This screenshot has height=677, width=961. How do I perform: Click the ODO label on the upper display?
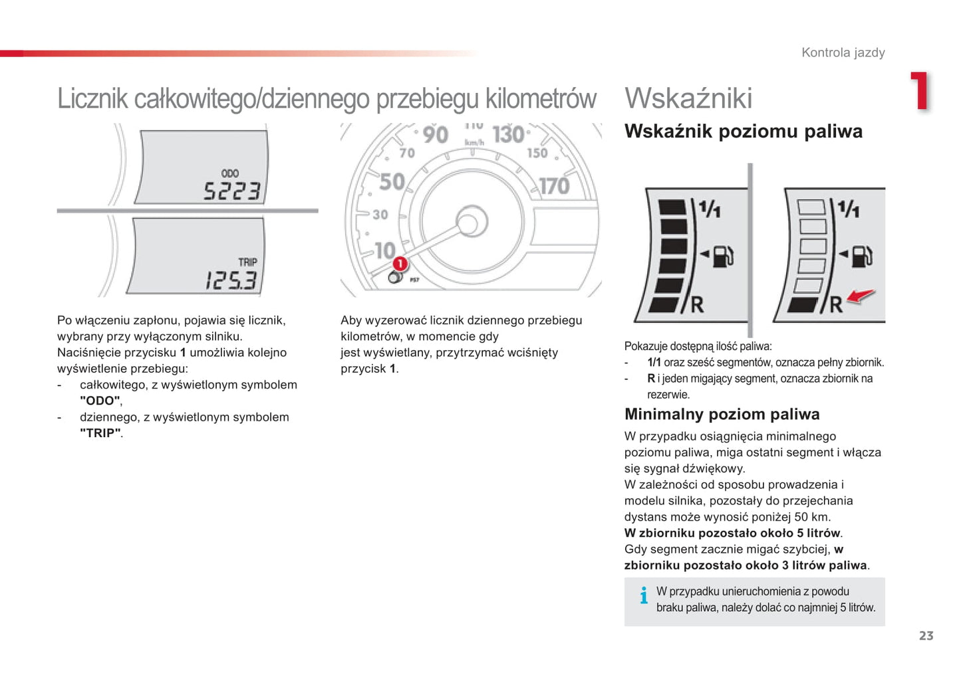230,173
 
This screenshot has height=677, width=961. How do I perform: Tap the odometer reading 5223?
232,191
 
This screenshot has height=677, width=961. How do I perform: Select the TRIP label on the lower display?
247,262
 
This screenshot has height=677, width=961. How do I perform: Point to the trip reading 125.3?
231,280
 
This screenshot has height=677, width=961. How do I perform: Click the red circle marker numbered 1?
400,264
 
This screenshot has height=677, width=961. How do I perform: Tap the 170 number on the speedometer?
554,187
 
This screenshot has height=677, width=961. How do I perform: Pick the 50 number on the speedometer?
392,181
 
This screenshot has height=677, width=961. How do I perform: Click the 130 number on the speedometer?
508,134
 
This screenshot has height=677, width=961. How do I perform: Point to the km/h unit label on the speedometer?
474,142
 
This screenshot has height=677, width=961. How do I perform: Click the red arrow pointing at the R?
861,296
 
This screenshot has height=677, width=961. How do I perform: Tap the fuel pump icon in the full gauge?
723,256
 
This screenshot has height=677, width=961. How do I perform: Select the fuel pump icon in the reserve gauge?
862,256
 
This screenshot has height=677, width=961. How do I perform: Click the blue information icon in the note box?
644,595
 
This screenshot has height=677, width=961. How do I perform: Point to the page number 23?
926,636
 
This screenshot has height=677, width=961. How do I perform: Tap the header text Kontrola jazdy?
843,52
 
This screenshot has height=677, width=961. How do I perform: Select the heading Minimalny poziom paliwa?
722,414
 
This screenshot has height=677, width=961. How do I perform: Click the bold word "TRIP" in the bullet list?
100,433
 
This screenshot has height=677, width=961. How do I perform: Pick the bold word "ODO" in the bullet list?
100,401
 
